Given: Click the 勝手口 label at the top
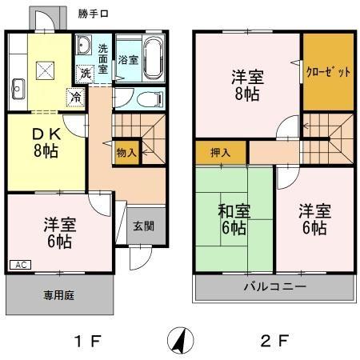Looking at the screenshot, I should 95,14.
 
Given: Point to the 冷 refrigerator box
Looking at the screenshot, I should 75,98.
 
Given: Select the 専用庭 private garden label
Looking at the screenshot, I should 58,295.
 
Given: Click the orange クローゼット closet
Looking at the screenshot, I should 328,73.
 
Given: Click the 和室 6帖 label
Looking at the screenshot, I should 234,220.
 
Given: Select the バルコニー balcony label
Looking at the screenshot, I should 275,286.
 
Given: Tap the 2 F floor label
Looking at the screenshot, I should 274,342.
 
